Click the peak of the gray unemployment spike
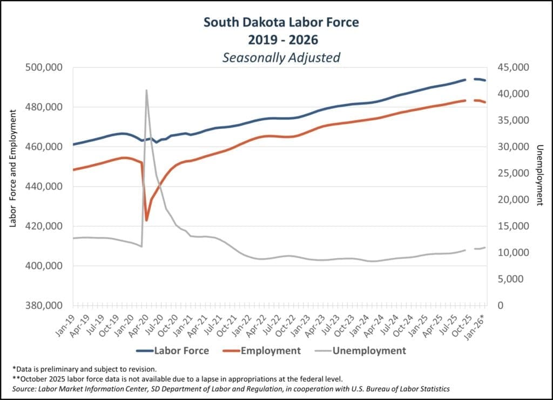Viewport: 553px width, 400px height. coord(146,90)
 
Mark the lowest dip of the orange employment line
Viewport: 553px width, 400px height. coord(146,220)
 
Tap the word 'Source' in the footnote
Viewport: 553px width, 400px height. coord(24,388)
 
